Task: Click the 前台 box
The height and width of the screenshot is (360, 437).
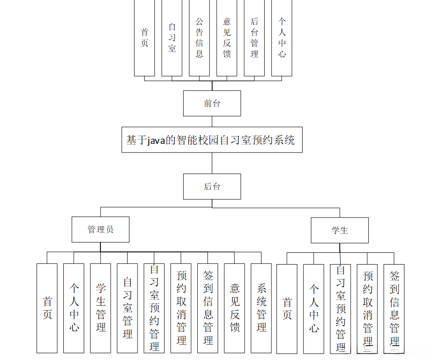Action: (212, 103)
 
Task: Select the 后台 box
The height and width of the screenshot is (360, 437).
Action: (212, 186)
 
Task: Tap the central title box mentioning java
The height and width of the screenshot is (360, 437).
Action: (212, 140)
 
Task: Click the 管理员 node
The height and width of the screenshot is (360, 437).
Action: (100, 229)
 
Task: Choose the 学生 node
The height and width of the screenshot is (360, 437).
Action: (339, 230)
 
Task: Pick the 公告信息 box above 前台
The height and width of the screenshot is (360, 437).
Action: (199, 38)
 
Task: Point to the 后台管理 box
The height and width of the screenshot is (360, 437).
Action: (254, 38)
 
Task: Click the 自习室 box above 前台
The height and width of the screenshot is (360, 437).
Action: (172, 38)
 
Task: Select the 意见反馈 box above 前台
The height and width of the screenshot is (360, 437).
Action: (227, 38)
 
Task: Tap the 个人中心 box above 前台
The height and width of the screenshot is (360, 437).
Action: (282, 38)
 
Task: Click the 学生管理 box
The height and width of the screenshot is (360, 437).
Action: (100, 308)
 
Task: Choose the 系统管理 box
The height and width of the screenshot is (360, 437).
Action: (261, 308)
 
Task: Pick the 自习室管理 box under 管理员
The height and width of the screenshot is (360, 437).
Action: (128, 308)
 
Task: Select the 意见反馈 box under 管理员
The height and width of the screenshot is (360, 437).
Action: (234, 308)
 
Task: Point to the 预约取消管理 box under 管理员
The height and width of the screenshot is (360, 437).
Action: (181, 308)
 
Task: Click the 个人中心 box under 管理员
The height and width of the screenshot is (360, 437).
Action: (74, 308)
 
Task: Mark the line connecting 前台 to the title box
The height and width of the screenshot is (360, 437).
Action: (212, 121)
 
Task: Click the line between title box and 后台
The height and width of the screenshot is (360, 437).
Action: (212, 163)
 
